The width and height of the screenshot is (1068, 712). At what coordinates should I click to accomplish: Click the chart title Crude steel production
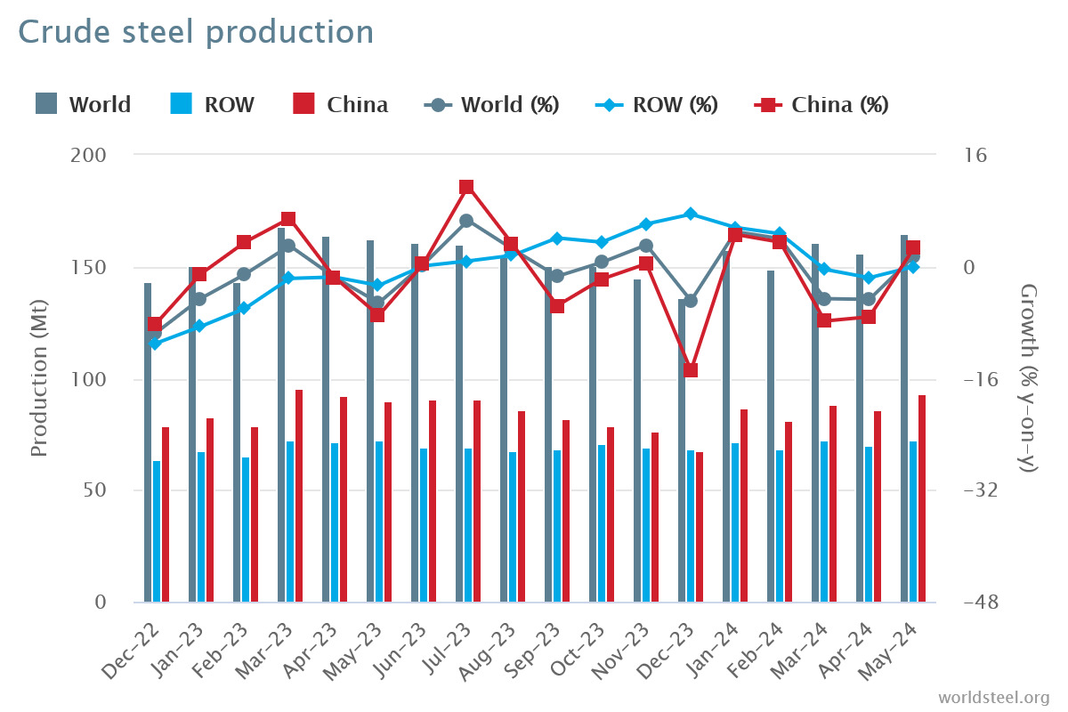tap(196, 32)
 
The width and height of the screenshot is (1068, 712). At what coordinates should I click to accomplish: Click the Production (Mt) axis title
tap(39, 377)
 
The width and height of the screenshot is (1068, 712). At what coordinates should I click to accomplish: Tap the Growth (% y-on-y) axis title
tap(1029, 377)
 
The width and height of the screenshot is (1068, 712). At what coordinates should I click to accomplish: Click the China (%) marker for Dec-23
tap(691, 370)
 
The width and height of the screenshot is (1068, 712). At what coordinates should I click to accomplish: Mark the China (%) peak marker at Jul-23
tap(466, 187)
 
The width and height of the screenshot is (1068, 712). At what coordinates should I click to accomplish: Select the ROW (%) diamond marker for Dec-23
tap(691, 214)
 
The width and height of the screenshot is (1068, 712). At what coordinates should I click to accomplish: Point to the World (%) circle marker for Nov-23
tap(646, 246)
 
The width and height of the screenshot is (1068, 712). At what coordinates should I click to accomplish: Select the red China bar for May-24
tap(922, 498)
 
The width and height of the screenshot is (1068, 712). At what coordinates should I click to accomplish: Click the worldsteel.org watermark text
tap(994, 697)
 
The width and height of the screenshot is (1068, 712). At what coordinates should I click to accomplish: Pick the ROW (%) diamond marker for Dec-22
tap(155, 344)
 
